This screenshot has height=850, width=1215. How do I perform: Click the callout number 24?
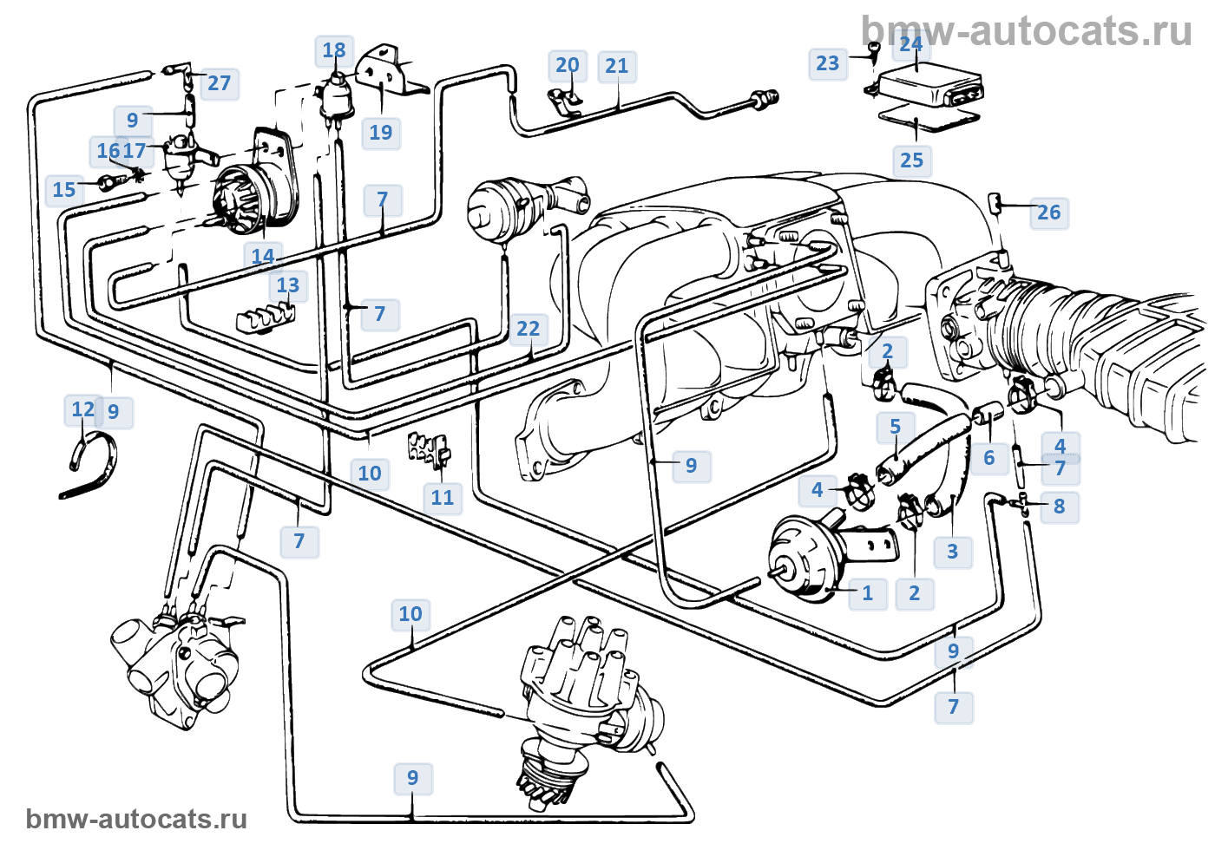coord(911,44)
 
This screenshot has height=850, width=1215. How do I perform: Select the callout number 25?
coord(911,160)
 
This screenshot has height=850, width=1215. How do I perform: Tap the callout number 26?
coord(1048,212)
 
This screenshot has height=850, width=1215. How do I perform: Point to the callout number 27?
coord(219,83)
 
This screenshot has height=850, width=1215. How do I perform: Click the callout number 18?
coord(334,50)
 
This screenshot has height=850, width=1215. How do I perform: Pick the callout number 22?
coord(528,329)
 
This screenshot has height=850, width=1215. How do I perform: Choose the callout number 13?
coord(288,285)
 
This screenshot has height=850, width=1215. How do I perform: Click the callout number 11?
coord(443,498)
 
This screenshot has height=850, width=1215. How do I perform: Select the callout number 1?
coord(867,593)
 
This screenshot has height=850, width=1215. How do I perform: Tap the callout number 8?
coord(1059,507)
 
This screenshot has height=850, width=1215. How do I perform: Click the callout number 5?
coord(895,427)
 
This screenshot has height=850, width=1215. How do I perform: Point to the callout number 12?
coord(83,409)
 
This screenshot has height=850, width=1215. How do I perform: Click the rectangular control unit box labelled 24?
coord(929,89)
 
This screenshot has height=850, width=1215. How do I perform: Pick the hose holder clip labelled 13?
coord(265,318)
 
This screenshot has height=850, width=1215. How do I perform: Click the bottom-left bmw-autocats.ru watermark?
coord(136,819)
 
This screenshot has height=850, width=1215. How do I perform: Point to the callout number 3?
coord(952,552)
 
